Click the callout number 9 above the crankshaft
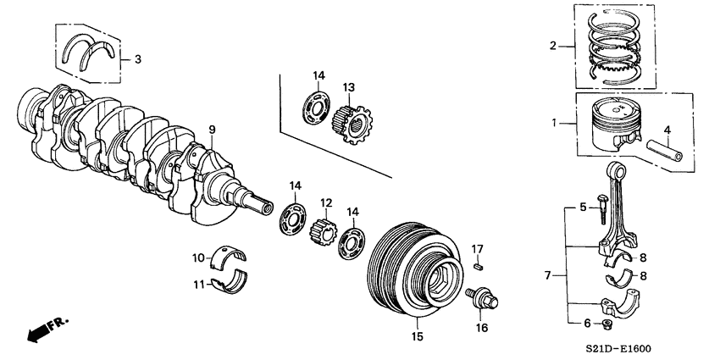point(213,130)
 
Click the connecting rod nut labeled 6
point(606,324)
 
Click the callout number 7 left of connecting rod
point(547,275)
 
